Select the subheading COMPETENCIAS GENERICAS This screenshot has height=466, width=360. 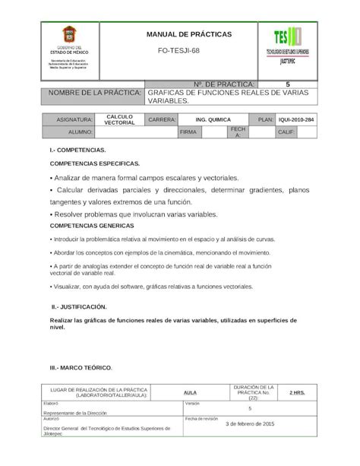[x=92, y=226]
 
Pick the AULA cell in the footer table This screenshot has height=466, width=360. [x=191, y=392]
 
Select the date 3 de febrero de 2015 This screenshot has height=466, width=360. [x=250, y=423]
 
